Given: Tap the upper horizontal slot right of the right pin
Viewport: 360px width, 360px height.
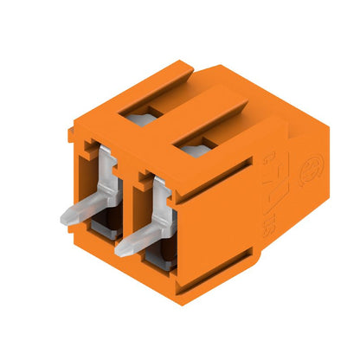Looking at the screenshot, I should point(216,192).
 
